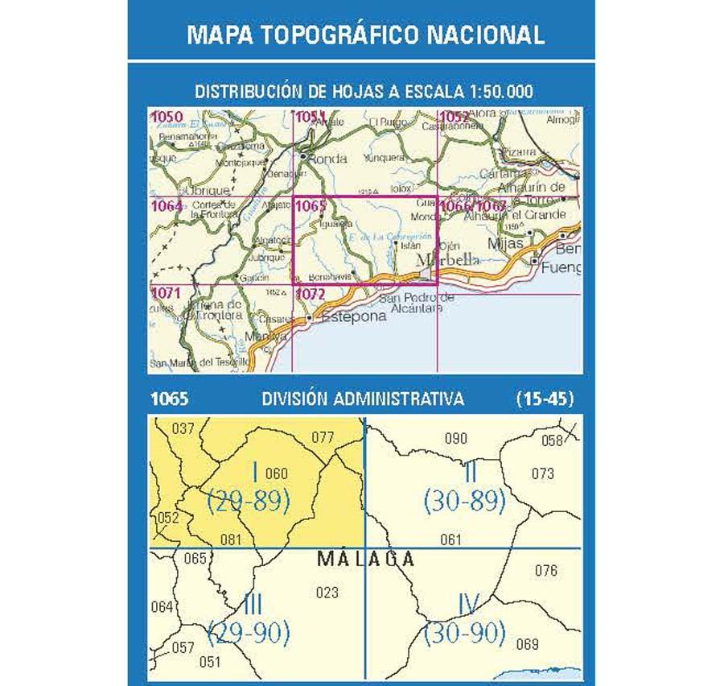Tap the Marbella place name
tap(448, 260)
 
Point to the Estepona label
tap(353, 317)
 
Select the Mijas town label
tap(506, 242)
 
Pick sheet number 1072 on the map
tap(311, 294)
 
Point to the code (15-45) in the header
tap(545, 398)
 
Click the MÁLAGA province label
tap(366, 558)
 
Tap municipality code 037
tap(184, 428)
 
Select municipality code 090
tap(456, 438)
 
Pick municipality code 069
tap(527, 643)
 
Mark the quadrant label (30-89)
tap(467, 501)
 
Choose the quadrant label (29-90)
tap(248, 632)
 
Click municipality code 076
tap(546, 571)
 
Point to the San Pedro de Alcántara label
tap(415, 303)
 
